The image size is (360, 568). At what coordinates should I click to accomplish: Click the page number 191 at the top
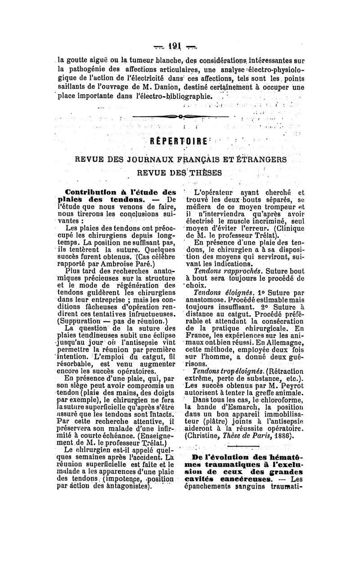tap(179, 46)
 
